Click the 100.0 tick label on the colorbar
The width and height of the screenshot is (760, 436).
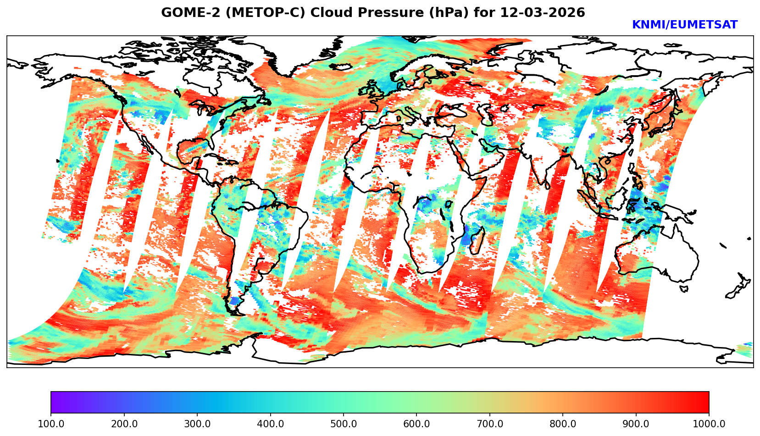click(x=50, y=424)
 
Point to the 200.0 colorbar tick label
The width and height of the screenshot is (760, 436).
click(x=124, y=424)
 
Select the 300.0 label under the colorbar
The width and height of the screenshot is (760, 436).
click(x=197, y=424)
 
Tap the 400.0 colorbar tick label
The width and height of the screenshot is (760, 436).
click(x=270, y=424)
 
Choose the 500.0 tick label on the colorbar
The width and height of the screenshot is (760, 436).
click(x=343, y=424)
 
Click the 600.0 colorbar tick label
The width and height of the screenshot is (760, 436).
click(x=416, y=424)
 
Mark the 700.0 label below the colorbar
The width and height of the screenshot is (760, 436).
click(x=489, y=424)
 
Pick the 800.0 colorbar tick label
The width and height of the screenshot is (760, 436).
click(x=563, y=424)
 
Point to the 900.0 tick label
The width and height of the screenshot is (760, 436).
click(x=636, y=424)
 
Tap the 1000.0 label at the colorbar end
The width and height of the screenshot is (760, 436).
click(x=709, y=424)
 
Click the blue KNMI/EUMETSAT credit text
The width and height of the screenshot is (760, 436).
click(x=684, y=25)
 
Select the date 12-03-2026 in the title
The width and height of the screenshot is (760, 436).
click(x=543, y=12)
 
